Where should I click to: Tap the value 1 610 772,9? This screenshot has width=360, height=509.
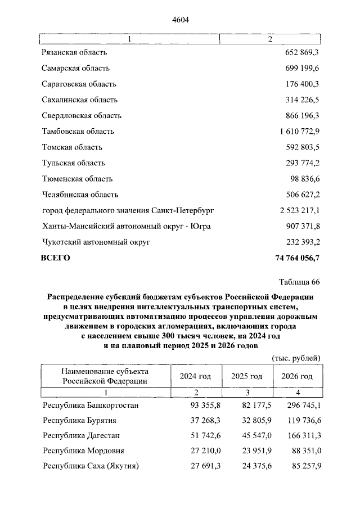tap(299, 131)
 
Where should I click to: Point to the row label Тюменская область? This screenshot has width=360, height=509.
tap(77, 179)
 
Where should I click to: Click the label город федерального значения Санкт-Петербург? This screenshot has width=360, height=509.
tap(127, 210)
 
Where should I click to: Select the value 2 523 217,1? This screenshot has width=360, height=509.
tap(299, 210)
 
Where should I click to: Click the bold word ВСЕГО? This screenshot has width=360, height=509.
tap(55, 258)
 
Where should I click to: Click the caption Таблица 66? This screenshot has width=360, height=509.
tap(299, 282)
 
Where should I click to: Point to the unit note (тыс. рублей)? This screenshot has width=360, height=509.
tap(296, 358)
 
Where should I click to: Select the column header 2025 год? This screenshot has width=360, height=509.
tap(246, 376)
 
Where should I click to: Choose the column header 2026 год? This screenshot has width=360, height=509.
tap(296, 376)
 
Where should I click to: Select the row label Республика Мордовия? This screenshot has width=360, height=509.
tap(83, 451)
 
